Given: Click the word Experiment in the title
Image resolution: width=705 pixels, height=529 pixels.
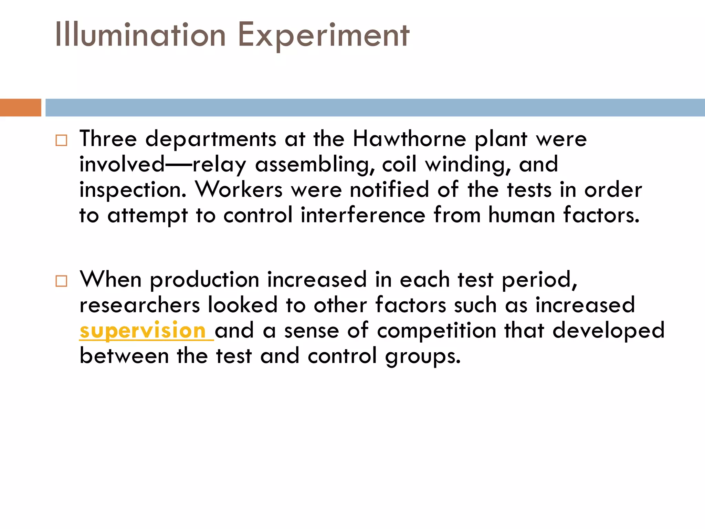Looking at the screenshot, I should (x=324, y=35).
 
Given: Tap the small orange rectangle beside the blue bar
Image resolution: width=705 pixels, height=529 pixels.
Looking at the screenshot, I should (x=20, y=107).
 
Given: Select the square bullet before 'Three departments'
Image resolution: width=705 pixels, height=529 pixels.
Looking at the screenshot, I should (x=61, y=140).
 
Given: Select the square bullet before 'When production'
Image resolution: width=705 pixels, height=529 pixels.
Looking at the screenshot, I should (x=61, y=281).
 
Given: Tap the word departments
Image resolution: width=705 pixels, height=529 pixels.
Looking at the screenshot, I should (x=211, y=139).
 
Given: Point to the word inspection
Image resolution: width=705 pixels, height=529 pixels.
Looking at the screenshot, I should (x=133, y=190).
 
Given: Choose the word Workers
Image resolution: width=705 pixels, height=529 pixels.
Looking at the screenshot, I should (x=239, y=189).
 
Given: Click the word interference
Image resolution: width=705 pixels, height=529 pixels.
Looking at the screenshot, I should (x=363, y=215).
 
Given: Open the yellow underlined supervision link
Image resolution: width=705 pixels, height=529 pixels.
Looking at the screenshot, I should (x=143, y=331).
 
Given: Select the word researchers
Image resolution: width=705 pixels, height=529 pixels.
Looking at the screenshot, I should (x=140, y=305).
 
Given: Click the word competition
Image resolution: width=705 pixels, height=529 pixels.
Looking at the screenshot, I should (x=436, y=331).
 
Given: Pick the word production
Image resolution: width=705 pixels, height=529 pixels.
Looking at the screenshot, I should (x=204, y=280).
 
